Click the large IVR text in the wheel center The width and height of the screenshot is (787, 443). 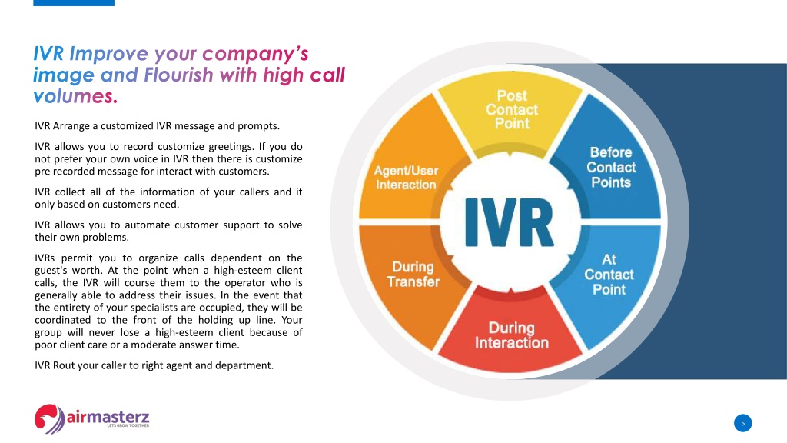[x=509, y=222]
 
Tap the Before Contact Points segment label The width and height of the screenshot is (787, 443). [x=611, y=167]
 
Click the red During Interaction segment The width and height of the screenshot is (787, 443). [x=511, y=334]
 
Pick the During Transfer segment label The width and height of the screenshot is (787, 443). [x=413, y=275]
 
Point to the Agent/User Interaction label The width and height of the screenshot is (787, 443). [x=406, y=178]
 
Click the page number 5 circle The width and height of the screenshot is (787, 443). [x=743, y=423]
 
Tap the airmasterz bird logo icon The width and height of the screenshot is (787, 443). [x=49, y=418]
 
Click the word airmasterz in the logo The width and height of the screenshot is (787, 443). [x=108, y=416]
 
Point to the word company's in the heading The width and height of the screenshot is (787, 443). [x=255, y=55]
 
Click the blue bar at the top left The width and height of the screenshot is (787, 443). [x=74, y=3]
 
